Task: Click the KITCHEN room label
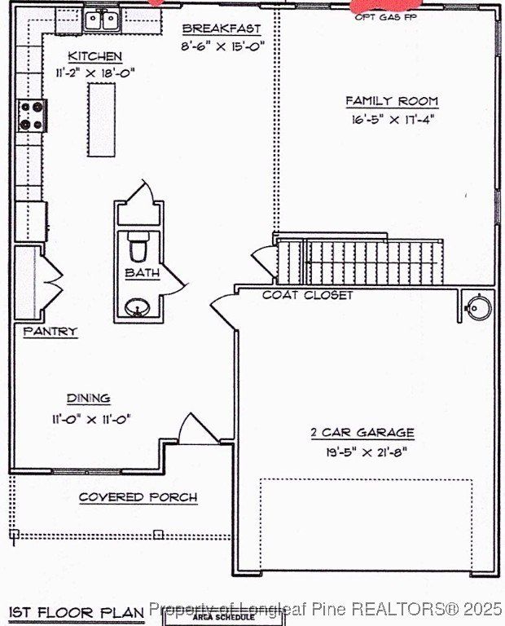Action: point(94,56)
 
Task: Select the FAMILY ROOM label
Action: point(392,101)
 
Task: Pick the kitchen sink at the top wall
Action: point(103,20)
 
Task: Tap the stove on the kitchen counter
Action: point(32,116)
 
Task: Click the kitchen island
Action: point(102,120)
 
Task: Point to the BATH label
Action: point(143,273)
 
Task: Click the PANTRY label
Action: point(50,332)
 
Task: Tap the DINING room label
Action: point(88,398)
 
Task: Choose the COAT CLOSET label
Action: point(307,294)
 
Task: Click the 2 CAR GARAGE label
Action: point(362,432)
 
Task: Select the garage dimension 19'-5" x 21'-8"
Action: point(362,449)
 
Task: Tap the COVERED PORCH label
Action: point(138,496)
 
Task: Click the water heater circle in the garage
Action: point(477,307)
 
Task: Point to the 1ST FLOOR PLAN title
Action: point(76,611)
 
